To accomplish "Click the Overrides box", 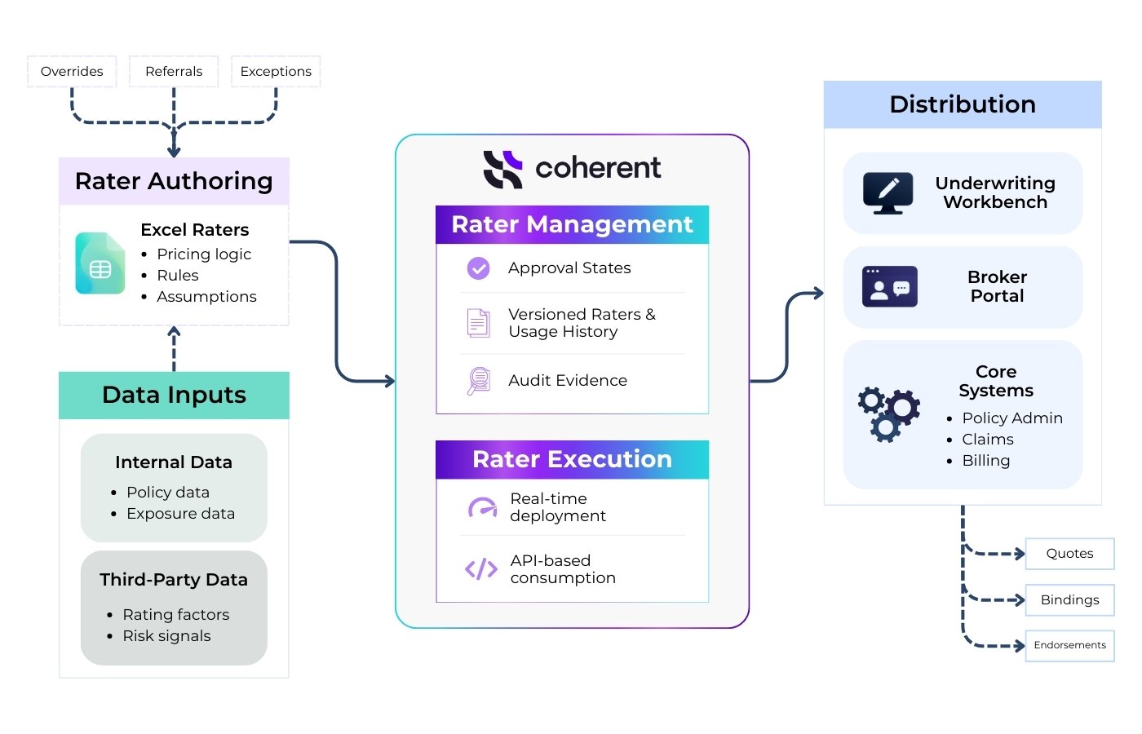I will click(x=72, y=72).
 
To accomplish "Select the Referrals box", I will click(x=174, y=72).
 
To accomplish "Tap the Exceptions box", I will click(x=276, y=72).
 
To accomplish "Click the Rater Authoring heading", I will click(x=174, y=181).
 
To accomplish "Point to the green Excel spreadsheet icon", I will click(x=100, y=263).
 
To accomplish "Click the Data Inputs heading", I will click(x=174, y=395).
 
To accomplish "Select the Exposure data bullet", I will click(x=180, y=514).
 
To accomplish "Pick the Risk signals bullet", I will click(x=166, y=636).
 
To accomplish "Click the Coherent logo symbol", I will click(x=502, y=169).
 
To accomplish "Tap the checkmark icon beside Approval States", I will click(x=479, y=268).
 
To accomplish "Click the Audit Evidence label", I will click(x=568, y=381).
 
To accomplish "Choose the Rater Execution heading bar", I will click(x=572, y=459).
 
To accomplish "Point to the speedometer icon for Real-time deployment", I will click(x=482, y=507).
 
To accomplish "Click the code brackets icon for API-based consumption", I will click(x=480, y=569).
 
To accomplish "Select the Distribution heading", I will click(x=963, y=104).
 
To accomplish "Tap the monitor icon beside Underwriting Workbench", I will click(x=888, y=193).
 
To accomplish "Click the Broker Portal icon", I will click(x=890, y=287).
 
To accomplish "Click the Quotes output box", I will click(x=1069, y=554).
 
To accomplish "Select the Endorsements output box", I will click(x=1069, y=645).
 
